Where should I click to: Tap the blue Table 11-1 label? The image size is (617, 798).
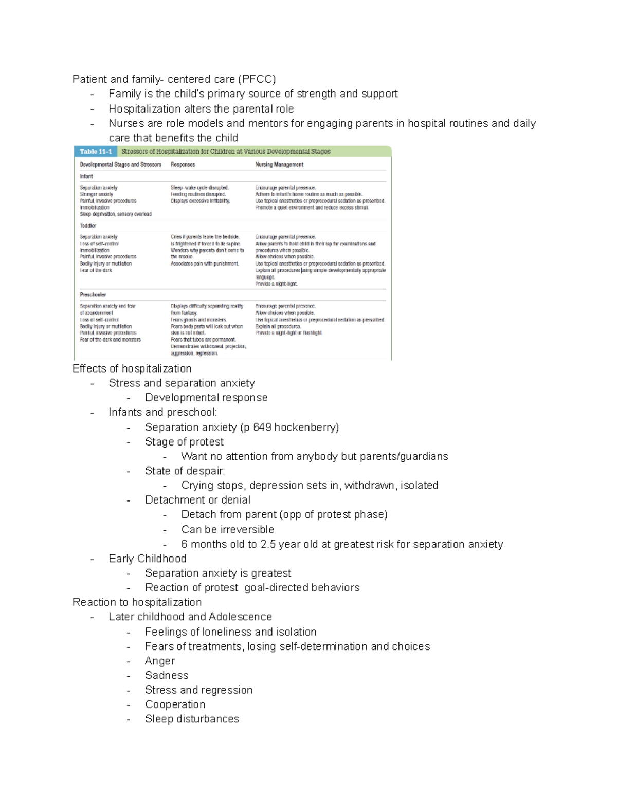tap(96, 152)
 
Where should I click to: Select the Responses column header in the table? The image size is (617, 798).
tap(183, 165)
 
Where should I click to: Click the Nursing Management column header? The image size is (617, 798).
tap(279, 165)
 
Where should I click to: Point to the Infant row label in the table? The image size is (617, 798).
tap(86, 176)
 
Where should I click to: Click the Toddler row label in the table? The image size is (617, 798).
tap(88, 226)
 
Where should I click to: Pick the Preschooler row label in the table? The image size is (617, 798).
tap(93, 295)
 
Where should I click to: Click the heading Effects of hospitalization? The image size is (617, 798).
tap(132, 368)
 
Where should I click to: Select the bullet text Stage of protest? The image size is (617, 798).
tap(184, 442)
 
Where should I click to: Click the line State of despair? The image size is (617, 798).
tap(185, 471)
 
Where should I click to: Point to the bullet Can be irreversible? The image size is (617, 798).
tap(227, 530)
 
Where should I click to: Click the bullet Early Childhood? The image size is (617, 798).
tap(147, 559)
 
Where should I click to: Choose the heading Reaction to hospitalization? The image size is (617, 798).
tap(137, 602)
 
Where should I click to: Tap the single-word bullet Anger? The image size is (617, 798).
tap(159, 661)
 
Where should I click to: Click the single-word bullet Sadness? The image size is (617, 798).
tap(167, 675)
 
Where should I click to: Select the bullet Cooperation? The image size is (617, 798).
tap(175, 704)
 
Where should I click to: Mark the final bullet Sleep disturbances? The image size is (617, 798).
tap(192, 719)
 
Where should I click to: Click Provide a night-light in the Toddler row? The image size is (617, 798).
tap(276, 284)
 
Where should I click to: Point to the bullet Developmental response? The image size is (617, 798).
tap(206, 398)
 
